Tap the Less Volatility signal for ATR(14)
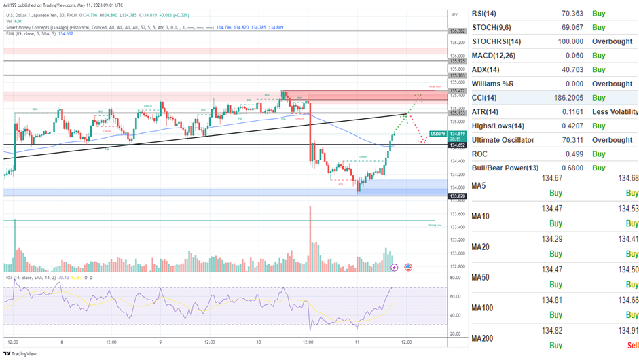[x=615, y=112]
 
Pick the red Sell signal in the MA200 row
[x=632, y=345]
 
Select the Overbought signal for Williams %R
[x=611, y=84]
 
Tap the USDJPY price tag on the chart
[x=438, y=134]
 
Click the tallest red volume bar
[x=310, y=238]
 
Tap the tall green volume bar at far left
[x=14, y=245]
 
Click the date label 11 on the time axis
[x=357, y=342]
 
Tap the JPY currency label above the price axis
[x=454, y=14]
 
